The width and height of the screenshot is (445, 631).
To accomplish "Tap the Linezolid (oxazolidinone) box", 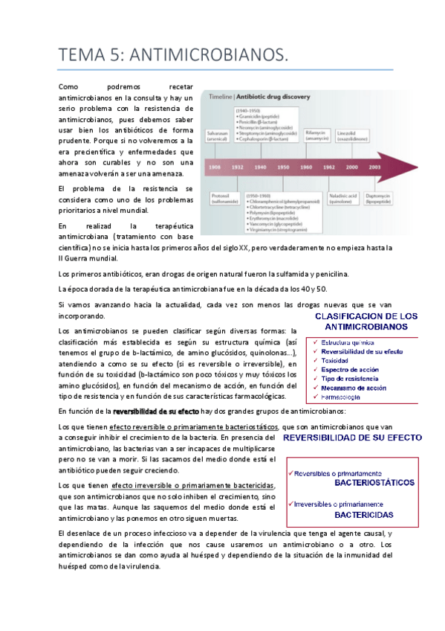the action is tap(351, 135).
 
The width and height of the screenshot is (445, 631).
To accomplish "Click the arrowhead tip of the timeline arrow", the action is tap(407, 166).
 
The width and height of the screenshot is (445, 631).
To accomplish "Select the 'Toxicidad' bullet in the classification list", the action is tap(339, 360).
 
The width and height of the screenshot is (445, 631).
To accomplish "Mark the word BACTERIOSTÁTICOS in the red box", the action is tap(374, 482).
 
